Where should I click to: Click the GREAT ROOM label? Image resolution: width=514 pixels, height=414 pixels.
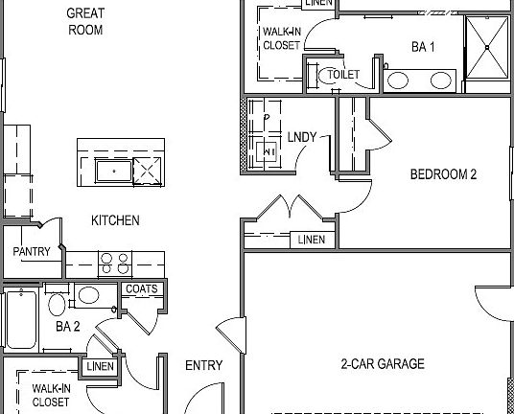[85, 21]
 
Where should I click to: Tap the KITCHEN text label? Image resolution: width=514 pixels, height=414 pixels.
[115, 220]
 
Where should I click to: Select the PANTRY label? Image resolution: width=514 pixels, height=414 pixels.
[31, 252]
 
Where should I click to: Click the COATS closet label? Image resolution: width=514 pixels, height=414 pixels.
[142, 288]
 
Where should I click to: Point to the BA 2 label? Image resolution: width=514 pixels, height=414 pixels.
[67, 327]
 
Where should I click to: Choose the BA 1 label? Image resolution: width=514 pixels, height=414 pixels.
[424, 46]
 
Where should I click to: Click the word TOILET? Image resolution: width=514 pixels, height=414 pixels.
[343, 74]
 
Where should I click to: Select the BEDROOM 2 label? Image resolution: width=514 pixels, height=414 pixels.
[443, 174]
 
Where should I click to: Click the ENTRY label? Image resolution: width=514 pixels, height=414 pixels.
[203, 365]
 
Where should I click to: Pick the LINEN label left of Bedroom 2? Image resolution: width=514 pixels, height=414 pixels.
[311, 240]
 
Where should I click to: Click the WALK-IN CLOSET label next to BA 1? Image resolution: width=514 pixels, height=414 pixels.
[281, 37]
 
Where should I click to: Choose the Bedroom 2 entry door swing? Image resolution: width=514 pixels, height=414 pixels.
[355, 196]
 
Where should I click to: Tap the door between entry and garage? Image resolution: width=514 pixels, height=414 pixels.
[228, 335]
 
